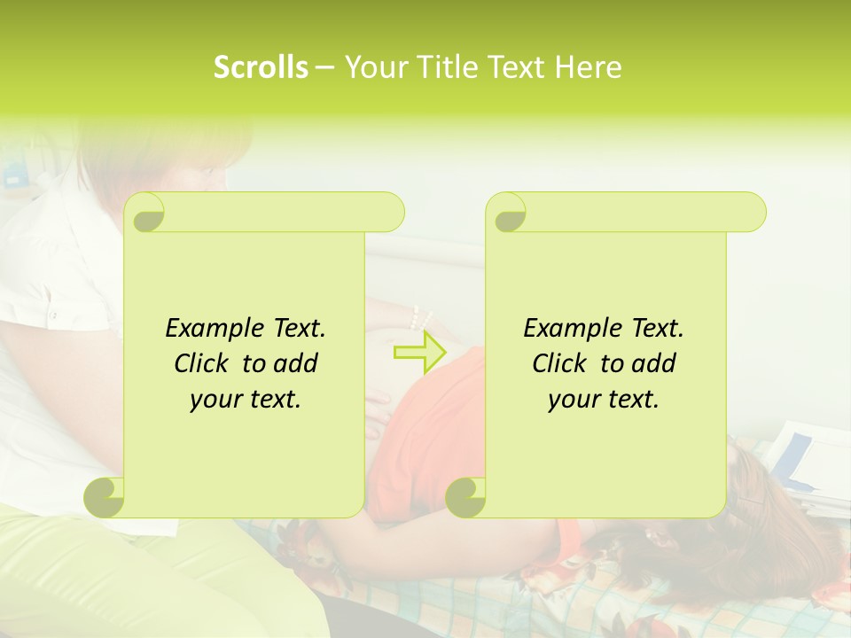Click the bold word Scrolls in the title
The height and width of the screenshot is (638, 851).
click(x=261, y=67)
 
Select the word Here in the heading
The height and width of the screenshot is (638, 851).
click(x=588, y=67)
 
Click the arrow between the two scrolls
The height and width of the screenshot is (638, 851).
click(x=419, y=353)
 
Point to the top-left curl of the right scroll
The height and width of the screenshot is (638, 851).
click(x=508, y=214)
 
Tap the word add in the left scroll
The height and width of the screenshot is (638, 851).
click(x=296, y=363)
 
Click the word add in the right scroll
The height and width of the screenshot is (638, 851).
click(x=654, y=363)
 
